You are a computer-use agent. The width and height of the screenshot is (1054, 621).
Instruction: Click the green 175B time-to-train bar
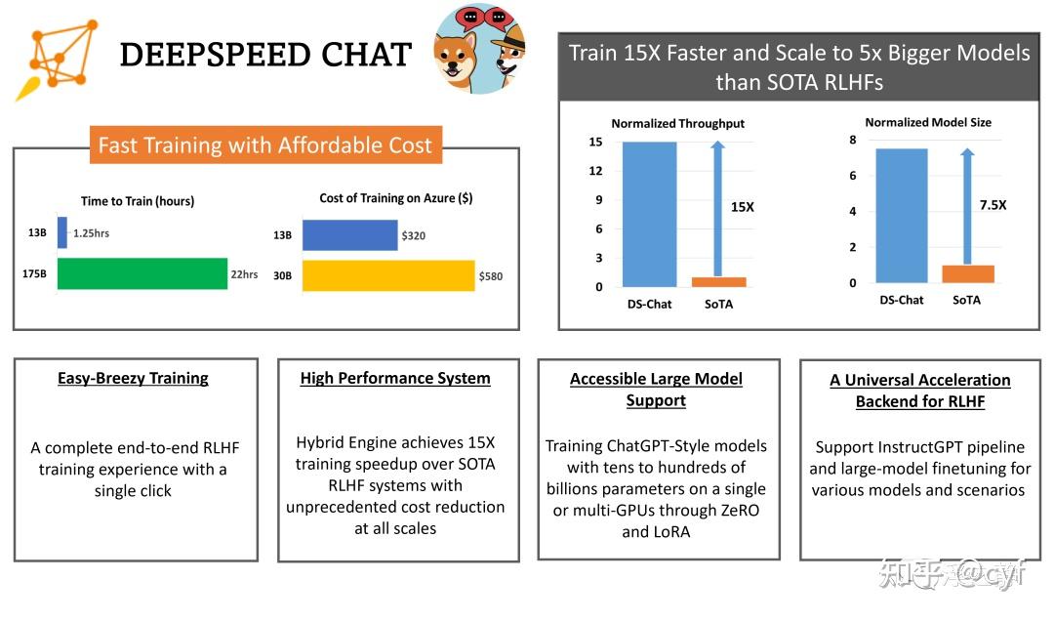[x=142, y=274]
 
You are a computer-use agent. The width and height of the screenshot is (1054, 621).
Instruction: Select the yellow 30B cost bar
[x=387, y=275]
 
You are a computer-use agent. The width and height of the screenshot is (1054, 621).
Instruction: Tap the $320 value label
[x=413, y=235]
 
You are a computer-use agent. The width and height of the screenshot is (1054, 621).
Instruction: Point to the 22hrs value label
[x=244, y=274]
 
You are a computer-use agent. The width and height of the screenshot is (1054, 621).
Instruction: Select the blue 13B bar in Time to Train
[x=62, y=232]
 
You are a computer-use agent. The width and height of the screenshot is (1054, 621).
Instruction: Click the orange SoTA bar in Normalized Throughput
[x=718, y=282]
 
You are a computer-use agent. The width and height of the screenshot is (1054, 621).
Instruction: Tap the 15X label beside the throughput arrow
[x=743, y=207]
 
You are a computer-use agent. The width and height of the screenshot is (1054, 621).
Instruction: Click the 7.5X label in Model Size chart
[x=993, y=205]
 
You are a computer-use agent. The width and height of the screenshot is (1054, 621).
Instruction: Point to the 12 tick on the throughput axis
[x=595, y=171]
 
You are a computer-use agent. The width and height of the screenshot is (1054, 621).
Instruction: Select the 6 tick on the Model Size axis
[x=852, y=176]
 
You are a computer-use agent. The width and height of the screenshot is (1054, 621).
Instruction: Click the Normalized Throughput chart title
[x=677, y=124]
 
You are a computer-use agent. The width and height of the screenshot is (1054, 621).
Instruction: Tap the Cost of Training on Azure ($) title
[x=395, y=198]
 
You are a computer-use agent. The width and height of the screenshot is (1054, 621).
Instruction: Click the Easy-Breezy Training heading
[x=133, y=379]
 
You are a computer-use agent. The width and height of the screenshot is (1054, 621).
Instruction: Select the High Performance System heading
[x=395, y=379]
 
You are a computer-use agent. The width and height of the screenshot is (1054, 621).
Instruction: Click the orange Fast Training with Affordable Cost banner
[x=264, y=145]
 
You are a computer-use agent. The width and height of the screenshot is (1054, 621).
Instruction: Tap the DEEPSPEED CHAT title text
[x=265, y=55]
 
